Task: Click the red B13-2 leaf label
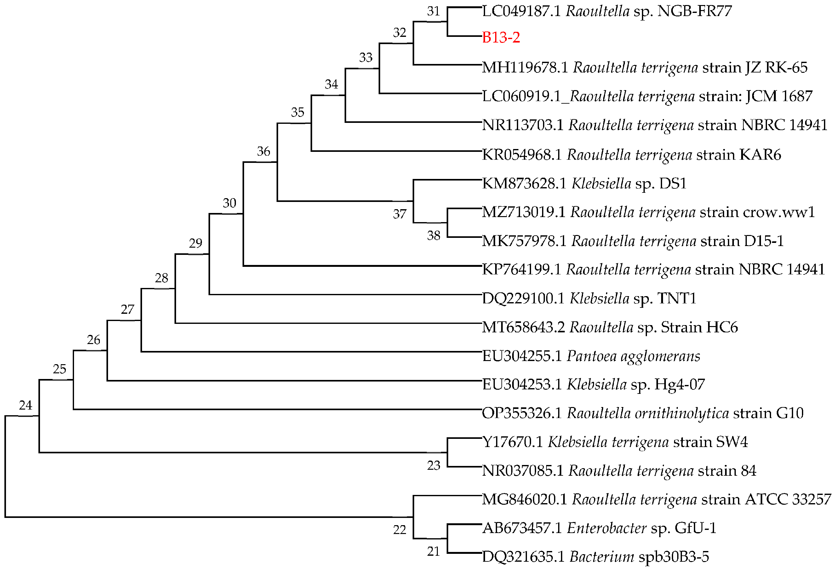(x=501, y=37)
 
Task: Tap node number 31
(x=433, y=11)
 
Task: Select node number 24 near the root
(x=26, y=405)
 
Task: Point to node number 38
(x=434, y=236)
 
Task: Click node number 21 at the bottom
(x=434, y=551)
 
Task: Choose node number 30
(x=229, y=203)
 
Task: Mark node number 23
(x=434, y=465)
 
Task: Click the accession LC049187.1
(x=521, y=11)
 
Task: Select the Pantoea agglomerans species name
(x=633, y=356)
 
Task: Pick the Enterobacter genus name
(x=607, y=528)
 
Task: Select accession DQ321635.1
(x=523, y=557)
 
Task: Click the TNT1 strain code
(x=677, y=298)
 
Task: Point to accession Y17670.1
(x=512, y=442)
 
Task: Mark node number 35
(x=297, y=112)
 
